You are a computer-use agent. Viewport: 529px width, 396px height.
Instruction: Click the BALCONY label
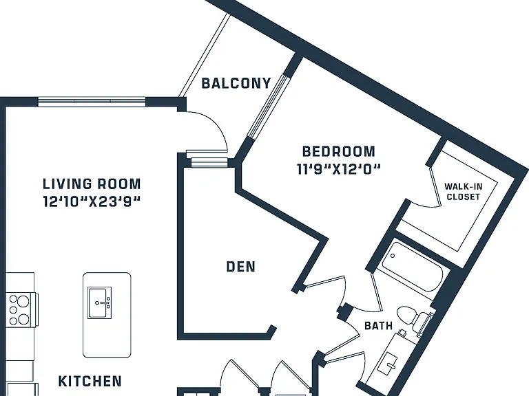click(x=236, y=83)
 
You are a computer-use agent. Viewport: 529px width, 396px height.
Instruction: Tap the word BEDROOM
click(x=339, y=151)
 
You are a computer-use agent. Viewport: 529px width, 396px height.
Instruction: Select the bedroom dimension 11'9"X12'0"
click(x=339, y=169)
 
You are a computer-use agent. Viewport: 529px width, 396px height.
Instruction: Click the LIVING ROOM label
click(x=92, y=184)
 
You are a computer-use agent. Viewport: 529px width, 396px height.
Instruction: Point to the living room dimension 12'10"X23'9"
click(x=92, y=201)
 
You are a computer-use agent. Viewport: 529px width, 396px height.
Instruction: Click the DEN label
click(x=240, y=267)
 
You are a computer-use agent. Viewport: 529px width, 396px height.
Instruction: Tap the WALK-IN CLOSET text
click(x=463, y=192)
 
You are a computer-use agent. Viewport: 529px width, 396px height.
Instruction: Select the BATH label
click(x=379, y=326)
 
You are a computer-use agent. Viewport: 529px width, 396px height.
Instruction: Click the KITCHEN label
click(x=90, y=381)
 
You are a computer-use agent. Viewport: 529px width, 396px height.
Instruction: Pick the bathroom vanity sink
click(x=391, y=361)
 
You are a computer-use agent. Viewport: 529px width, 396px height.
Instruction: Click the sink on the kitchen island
click(x=99, y=302)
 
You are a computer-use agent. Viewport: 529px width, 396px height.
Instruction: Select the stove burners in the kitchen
click(x=19, y=309)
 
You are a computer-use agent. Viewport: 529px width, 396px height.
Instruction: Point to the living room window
click(x=92, y=101)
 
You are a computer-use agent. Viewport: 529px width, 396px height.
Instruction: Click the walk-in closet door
click(x=435, y=186)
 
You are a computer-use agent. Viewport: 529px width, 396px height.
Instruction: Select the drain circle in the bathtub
click(x=393, y=256)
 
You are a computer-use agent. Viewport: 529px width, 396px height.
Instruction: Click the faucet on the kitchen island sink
click(x=105, y=302)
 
